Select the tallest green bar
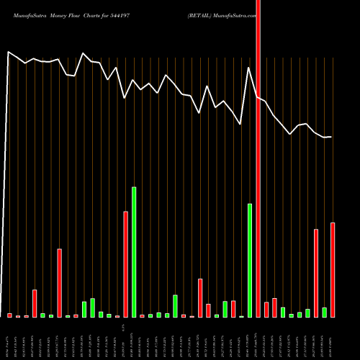134,252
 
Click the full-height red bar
258,158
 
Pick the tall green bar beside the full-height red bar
250,261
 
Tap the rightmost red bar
333,270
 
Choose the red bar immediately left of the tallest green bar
125,264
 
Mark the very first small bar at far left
10,315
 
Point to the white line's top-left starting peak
9,52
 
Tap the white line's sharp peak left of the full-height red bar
249,68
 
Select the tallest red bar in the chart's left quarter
60,283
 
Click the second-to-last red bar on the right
316,273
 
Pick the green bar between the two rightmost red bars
325,312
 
